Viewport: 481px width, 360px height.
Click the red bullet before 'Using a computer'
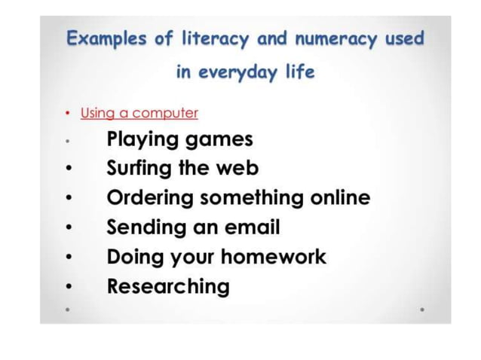pyautogui.click(x=67, y=114)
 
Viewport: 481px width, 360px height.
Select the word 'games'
pyautogui.click(x=219, y=141)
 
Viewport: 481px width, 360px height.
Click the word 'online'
pyautogui.click(x=340, y=198)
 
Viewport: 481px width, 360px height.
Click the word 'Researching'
pyautogui.click(x=168, y=286)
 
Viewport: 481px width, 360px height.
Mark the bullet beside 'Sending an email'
pyautogui.click(x=68, y=227)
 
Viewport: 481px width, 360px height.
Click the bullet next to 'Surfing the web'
pyautogui.click(x=68, y=169)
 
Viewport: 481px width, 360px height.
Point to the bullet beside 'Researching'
pyautogui.click(x=68, y=287)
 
